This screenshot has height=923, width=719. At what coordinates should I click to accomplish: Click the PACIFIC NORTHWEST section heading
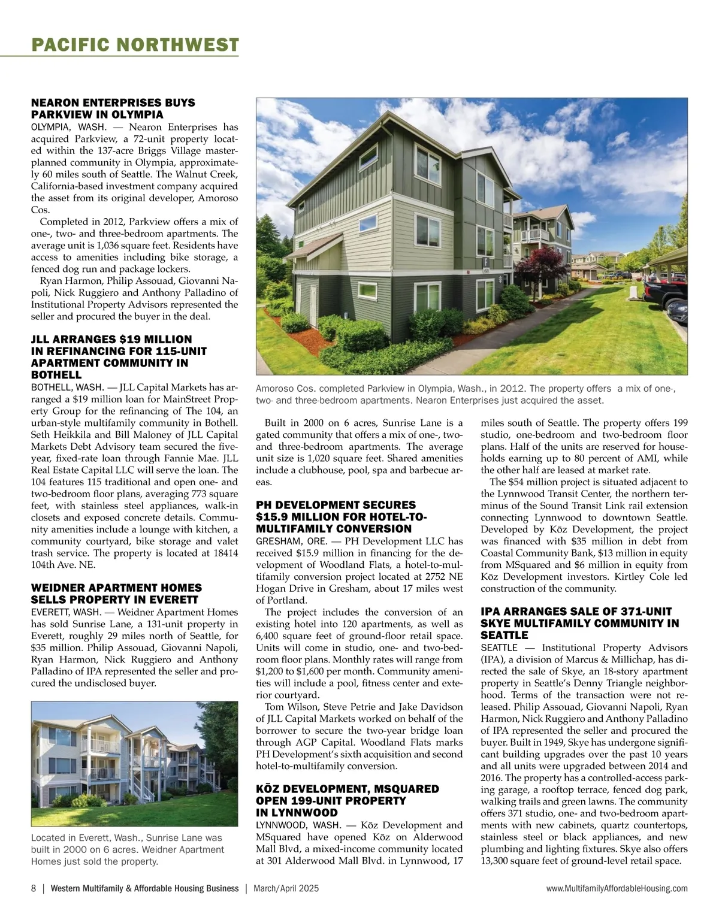tap(135, 44)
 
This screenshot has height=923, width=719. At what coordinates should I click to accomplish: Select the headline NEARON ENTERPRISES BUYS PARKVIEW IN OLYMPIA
tap(113, 108)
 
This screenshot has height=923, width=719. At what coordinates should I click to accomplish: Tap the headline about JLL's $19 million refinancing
tap(119, 356)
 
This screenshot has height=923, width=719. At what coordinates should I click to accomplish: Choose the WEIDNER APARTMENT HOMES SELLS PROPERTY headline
tap(116, 594)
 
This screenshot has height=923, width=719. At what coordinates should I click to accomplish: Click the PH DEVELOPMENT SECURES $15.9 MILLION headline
tap(342, 516)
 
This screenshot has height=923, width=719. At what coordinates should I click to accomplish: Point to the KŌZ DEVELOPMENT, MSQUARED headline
tap(347, 800)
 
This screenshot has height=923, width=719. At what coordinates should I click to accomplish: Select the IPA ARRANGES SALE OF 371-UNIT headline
tap(580, 623)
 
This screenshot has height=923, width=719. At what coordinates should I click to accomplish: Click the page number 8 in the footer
tap(34, 888)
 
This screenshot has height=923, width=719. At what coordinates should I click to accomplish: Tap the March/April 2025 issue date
tap(286, 888)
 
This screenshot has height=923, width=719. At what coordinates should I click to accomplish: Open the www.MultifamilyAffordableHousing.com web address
tap(617, 888)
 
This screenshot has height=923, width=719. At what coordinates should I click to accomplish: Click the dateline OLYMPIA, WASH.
tap(68, 127)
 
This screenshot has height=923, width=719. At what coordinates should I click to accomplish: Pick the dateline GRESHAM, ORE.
tap(291, 541)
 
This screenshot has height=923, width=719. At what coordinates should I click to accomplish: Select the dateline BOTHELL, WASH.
tap(67, 387)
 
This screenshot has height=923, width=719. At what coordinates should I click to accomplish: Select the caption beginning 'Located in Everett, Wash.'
tap(126, 849)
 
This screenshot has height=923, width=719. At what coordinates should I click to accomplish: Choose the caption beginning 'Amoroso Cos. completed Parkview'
tap(466, 394)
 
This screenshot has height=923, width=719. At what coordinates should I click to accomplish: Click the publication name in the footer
tap(144, 888)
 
